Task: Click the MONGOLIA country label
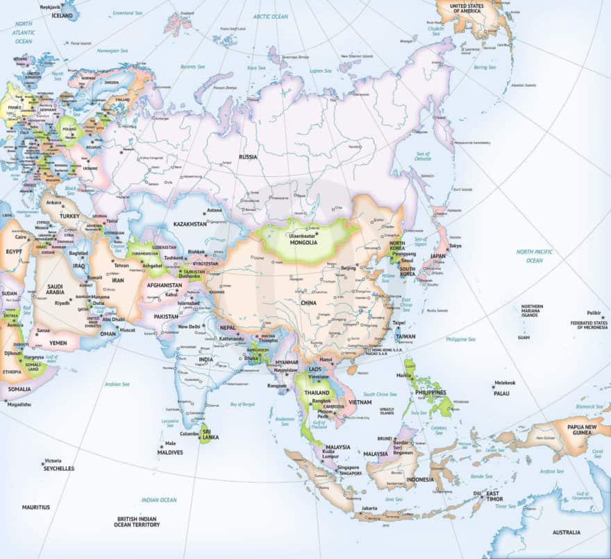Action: [303, 243]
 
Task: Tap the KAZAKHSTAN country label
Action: [190, 225]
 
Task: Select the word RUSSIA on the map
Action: [248, 157]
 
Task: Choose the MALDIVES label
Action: [170, 452]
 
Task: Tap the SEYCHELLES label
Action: [58, 468]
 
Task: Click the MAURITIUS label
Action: [35, 507]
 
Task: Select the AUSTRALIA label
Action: [566, 532]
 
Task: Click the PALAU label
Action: [501, 393]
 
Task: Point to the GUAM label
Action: [523, 337]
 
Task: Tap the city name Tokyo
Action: [455, 246]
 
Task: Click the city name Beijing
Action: [349, 267]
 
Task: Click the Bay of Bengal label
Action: [244, 404]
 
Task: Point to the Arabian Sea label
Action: [117, 384]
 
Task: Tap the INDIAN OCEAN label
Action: [159, 499]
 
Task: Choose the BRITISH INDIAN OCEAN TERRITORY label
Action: [137, 522]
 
